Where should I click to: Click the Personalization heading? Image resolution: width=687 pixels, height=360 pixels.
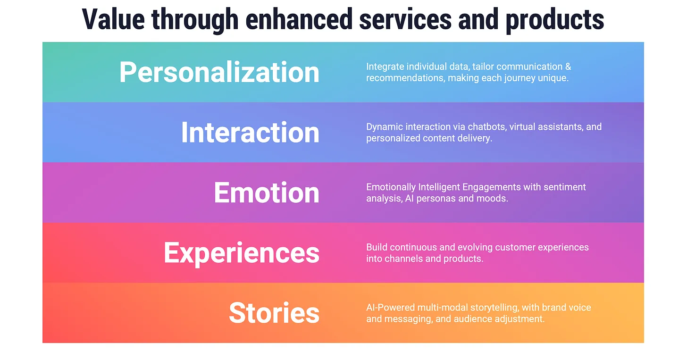[219, 72]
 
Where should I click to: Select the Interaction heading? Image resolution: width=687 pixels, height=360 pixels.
[250, 133]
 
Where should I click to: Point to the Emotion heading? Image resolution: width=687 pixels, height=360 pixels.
[267, 193]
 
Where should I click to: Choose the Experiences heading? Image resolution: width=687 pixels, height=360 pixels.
[241, 253]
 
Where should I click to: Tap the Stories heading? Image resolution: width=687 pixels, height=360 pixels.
[274, 313]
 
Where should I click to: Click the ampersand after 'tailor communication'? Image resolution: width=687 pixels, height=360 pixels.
[568, 67]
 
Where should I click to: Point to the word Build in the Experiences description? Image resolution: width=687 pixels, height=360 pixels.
[377, 247]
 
